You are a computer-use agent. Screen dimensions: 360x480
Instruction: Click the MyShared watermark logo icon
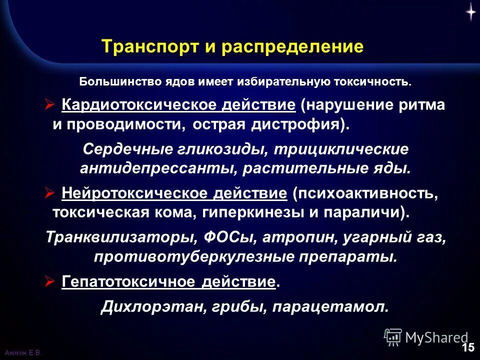pos(393,337)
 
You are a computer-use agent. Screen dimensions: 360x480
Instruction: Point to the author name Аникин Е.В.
pos(20,353)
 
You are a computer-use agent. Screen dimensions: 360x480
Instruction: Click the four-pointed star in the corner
pos(470,12)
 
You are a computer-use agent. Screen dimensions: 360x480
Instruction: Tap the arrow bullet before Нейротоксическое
pos(49,193)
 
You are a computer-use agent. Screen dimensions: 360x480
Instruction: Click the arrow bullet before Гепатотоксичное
pos(49,281)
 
